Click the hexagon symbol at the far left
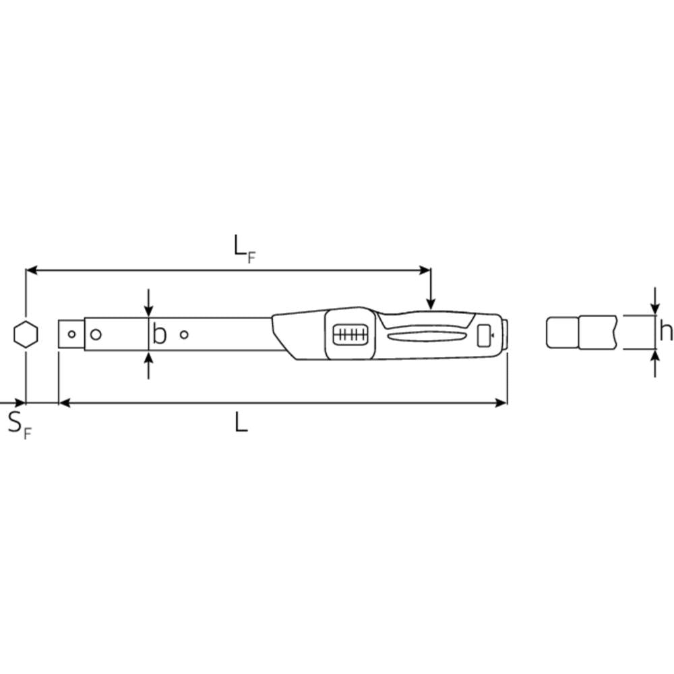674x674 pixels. click(26, 334)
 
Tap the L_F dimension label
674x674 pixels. click(244, 249)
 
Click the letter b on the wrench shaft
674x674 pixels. click(159, 334)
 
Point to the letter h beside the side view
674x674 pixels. click(665, 332)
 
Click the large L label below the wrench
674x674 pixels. click(241, 423)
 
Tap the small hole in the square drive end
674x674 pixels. click(71, 334)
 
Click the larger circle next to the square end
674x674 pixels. click(96, 334)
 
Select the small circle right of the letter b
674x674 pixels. click(184, 334)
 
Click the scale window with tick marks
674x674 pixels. click(349, 335)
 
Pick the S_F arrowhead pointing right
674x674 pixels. click(20, 403)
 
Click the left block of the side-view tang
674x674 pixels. click(561, 332)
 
